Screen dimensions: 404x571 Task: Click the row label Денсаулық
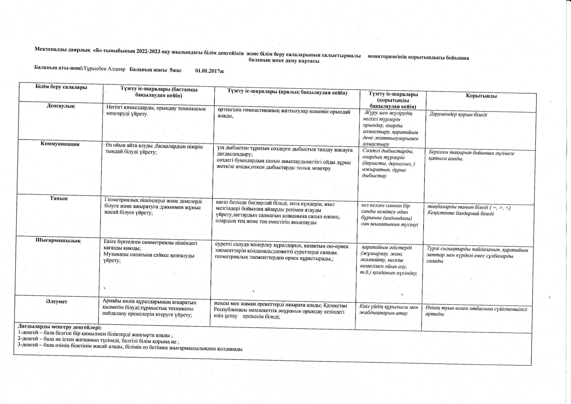(61, 106)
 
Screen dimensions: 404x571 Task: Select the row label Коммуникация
(60, 144)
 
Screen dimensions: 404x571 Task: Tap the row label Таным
(59, 198)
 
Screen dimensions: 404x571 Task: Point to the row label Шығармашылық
(58, 241)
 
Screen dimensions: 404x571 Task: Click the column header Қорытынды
(481, 96)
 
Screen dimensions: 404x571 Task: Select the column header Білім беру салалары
(61, 87)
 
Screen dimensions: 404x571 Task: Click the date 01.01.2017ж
(210, 71)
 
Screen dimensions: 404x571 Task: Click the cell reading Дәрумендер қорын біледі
(458, 115)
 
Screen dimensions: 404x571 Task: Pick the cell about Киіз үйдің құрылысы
(388, 310)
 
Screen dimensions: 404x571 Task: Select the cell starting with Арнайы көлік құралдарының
(149, 308)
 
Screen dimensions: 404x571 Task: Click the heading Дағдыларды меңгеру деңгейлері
(59, 327)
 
